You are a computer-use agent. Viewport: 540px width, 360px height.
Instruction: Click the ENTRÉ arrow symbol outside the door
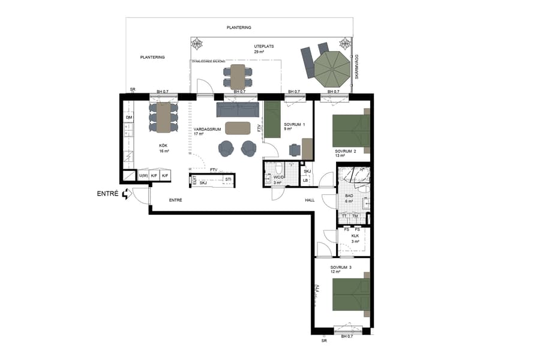point(126,194)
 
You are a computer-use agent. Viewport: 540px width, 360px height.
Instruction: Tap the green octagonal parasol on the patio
point(332,68)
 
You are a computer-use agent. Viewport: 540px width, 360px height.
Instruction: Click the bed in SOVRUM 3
point(351,294)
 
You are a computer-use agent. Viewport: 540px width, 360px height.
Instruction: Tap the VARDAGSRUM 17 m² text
point(207,131)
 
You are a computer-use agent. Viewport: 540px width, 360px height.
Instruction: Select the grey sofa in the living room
point(238,109)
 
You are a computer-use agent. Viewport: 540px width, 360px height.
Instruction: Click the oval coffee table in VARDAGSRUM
point(238,128)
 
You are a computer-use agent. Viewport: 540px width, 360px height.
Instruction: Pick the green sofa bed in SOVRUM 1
point(272,119)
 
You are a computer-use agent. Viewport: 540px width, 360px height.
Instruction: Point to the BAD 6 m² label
point(349,198)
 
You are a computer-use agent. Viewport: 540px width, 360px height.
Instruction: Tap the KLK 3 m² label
point(355,239)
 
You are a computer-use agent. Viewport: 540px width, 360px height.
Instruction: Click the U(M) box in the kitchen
point(143,176)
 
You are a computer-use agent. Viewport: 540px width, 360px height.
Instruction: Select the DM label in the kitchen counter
point(128,118)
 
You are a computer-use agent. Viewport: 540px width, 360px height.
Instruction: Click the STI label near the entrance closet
point(227,179)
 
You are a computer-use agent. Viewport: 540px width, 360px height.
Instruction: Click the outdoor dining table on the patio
point(238,76)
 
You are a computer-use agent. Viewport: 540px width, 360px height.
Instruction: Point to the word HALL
point(310,200)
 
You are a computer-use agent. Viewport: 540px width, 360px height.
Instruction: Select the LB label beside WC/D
point(305,181)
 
